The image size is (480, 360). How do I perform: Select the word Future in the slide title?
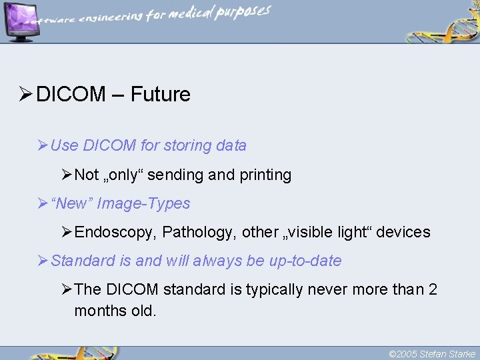160,95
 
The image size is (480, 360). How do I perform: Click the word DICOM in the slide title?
71,95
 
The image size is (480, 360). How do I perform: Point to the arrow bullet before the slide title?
25,95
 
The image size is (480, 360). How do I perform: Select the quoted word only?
122,175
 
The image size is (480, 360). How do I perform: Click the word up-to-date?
305,261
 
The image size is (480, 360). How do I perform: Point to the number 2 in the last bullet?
433,289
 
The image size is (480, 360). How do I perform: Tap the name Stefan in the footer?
433,354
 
